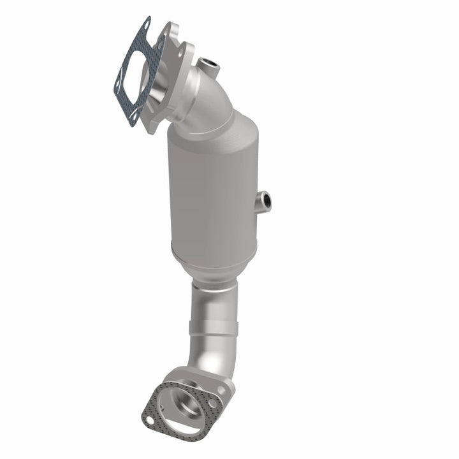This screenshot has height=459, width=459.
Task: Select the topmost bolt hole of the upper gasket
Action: (x=147, y=25)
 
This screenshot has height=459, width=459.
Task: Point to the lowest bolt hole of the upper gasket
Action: (x=133, y=116)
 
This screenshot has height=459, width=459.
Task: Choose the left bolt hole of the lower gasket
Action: (x=149, y=420)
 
